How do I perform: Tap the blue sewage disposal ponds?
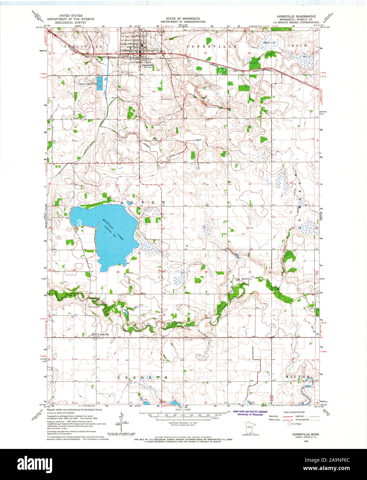tap(100, 84)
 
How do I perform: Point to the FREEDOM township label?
tap(143, 378)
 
